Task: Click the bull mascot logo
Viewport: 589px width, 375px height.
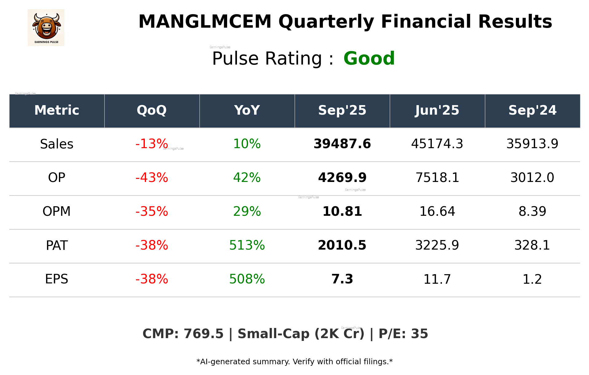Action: [46, 28]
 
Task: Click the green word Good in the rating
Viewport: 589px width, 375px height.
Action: [369, 58]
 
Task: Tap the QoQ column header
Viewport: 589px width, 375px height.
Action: [152, 110]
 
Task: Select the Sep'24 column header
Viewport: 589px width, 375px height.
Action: [532, 110]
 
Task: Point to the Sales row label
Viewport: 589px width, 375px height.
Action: [57, 144]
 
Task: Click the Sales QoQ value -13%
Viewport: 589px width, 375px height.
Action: [152, 144]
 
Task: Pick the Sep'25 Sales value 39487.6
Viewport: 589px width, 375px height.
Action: [342, 144]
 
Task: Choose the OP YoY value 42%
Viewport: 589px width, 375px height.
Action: [247, 178]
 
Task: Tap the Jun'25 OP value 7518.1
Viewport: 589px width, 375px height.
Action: [437, 178]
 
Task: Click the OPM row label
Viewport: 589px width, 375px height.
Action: [57, 211]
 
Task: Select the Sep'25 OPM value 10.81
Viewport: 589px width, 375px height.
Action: [342, 211]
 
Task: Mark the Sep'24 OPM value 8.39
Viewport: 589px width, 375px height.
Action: [532, 211]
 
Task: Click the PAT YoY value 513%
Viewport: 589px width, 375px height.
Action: [247, 245]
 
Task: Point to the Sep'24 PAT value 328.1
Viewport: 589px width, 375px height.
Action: [532, 245]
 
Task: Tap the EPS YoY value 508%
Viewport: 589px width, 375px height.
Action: [247, 279]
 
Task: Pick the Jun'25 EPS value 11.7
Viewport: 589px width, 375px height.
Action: [437, 279]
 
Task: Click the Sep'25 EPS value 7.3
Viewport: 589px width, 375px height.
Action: [342, 279]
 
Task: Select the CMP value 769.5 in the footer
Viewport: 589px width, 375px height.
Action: [203, 334]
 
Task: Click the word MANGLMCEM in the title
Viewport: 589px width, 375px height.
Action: [205, 22]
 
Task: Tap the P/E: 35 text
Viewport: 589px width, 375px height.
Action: [403, 334]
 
